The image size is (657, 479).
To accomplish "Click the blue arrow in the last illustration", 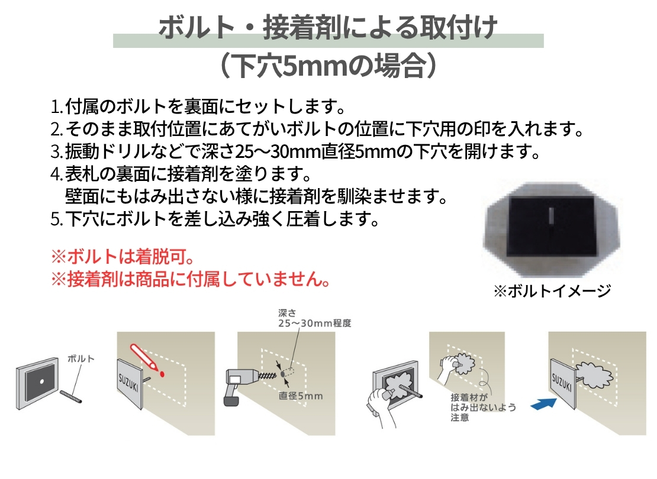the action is coord(544,404).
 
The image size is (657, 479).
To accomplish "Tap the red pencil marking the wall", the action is coord(144,357).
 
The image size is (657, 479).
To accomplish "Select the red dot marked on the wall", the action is coord(162,374).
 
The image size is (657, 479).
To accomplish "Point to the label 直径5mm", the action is coord(301,396).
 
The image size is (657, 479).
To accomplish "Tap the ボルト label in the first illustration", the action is coord(81,359).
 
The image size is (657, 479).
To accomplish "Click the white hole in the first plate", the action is coord(41,381).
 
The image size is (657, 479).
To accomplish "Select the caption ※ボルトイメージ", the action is coord(552,290).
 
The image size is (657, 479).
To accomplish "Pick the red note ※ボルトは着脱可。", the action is coord(123,256).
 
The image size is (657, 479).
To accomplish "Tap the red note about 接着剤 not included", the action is coord(191,279).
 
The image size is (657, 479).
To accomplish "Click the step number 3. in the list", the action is coord(57,151).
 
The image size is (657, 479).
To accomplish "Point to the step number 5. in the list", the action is coord(57,219).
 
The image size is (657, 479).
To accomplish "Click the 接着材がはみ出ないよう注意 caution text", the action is coord(483,407).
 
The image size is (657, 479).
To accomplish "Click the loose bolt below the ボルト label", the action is coord(71,397).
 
